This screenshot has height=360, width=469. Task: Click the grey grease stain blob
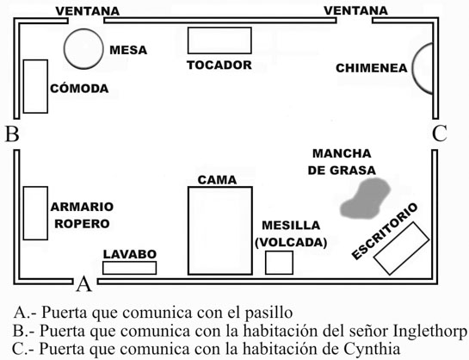tap(366, 198)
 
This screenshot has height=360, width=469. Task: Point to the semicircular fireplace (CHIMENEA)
tap(413, 68)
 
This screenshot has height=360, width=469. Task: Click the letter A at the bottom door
tap(83, 283)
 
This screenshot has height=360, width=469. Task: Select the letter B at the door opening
tap(13, 133)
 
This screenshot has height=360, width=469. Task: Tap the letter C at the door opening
tap(440, 133)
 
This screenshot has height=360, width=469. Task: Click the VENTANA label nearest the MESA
tap(88, 11)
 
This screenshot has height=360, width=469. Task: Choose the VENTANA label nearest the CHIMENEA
tap(356, 11)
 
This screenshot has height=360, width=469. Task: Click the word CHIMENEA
tap(372, 68)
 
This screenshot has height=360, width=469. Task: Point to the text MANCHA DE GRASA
tap(342, 162)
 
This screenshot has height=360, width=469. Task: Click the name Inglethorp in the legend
tap(429, 331)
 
